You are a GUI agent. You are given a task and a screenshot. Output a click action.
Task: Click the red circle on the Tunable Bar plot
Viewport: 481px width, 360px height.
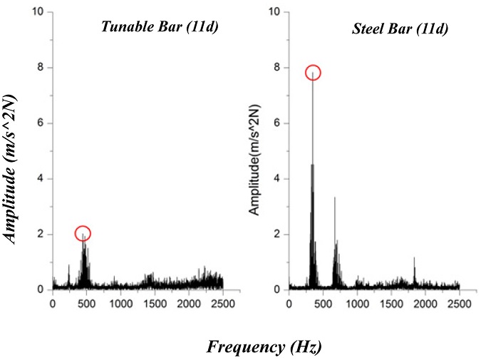(x=83, y=234)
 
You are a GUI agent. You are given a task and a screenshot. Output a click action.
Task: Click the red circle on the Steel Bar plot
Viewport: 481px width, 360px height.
(x=313, y=73)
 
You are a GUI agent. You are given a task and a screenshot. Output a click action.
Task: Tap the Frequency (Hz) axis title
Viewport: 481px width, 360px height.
(x=265, y=347)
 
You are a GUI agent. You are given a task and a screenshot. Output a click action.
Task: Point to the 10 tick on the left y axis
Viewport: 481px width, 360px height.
(x=41, y=12)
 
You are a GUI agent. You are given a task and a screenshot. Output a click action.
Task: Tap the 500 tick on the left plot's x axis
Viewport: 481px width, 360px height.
(x=86, y=303)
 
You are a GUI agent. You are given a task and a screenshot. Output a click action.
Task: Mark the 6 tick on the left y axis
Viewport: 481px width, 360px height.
(x=43, y=123)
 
